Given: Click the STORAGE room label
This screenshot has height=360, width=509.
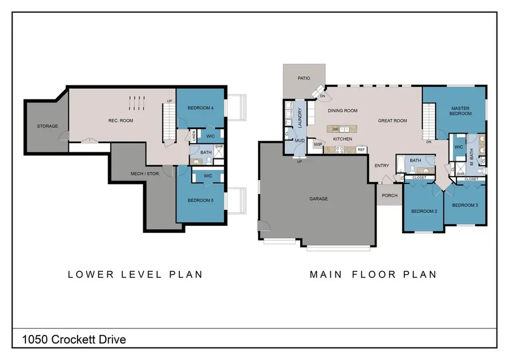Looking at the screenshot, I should (x=48, y=126).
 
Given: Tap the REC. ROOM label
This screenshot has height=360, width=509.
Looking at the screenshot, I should (x=120, y=119).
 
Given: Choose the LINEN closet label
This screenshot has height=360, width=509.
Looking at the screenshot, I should (x=193, y=135).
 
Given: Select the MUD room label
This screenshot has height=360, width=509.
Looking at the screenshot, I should (x=300, y=140).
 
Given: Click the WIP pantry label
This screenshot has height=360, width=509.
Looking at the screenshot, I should (x=318, y=145).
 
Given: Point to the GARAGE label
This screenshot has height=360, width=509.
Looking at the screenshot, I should (x=318, y=199).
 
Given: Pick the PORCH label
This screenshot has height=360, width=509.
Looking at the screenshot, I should (x=390, y=195).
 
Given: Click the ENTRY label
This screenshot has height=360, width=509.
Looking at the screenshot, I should (x=381, y=165).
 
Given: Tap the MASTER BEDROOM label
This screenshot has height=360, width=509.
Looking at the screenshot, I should (x=460, y=110).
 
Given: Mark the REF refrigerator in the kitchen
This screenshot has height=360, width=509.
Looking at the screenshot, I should (x=361, y=150).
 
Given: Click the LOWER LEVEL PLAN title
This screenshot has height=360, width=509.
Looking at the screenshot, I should (x=135, y=275).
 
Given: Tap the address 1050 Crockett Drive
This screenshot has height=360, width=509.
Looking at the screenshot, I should (x=74, y=340).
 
